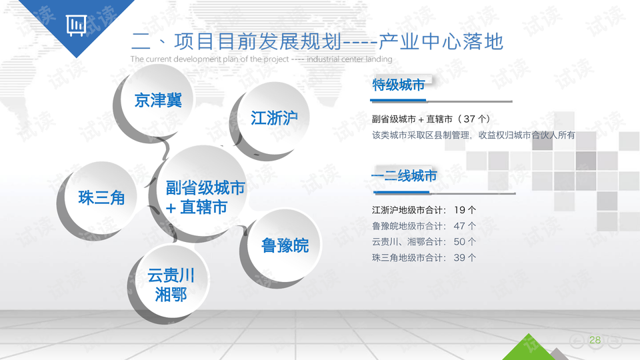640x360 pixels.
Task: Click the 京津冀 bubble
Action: pos(157,101)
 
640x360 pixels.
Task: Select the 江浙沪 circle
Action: pos(274,118)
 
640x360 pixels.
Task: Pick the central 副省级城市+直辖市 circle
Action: pos(205,197)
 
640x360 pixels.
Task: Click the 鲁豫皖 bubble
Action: pos(285,245)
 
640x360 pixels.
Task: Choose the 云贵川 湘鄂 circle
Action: pos(171,285)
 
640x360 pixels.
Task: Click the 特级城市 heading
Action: pos(398,85)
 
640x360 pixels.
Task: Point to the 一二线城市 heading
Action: pos(404,177)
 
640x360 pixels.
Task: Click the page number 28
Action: pos(595,341)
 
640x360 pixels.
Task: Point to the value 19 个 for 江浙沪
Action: pos(465,210)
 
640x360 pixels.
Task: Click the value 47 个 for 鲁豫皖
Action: pos(465,226)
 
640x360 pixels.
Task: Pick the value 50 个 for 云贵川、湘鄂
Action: pos(465,242)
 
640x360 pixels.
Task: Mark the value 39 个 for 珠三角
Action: pos(465,258)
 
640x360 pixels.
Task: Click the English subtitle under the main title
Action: pos(261,59)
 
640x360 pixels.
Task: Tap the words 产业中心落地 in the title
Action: pos(441,41)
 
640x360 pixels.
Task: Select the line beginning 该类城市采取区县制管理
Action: pos(473,135)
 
